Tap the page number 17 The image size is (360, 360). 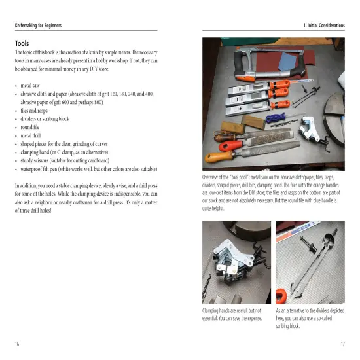click(342, 342)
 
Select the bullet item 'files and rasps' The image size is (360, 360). click(40, 110)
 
